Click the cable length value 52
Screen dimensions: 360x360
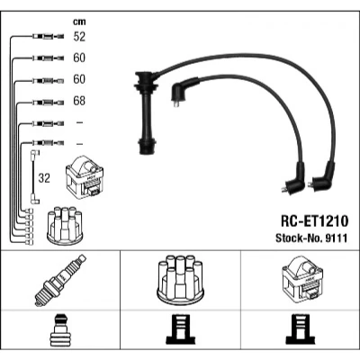[x=79, y=36]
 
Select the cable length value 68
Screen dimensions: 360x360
[x=79, y=101]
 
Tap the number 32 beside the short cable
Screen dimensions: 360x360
[x=44, y=178]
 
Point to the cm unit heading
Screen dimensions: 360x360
[x=79, y=22]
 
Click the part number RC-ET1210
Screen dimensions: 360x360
[x=314, y=221]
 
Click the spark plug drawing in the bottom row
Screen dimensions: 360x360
[x=60, y=281]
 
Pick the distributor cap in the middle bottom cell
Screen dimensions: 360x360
[x=180, y=280]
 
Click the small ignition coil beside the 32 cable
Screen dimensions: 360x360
[x=85, y=177]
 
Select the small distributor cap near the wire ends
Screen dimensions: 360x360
[x=65, y=225]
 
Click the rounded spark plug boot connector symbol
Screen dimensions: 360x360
[x=59, y=330]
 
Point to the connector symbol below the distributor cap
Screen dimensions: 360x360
[x=178, y=329]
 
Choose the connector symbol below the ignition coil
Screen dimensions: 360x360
[x=301, y=329]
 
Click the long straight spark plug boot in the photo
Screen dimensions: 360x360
[x=147, y=112]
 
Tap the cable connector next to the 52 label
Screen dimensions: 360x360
[x=48, y=37]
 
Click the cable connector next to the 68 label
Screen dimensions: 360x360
[x=48, y=103]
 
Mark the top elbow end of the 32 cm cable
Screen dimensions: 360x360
[x=35, y=153]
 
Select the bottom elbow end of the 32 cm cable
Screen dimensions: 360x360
[x=34, y=200]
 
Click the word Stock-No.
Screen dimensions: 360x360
[x=299, y=238]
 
